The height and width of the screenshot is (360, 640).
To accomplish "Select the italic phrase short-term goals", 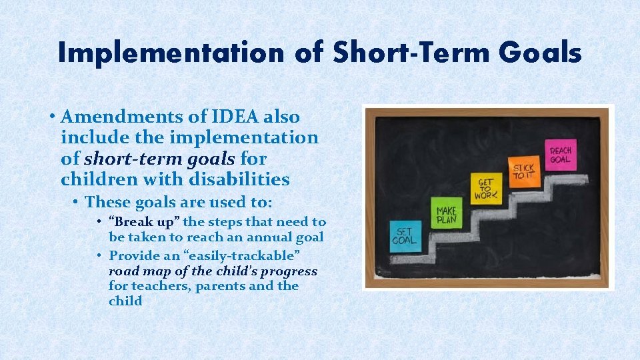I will (x=159, y=159).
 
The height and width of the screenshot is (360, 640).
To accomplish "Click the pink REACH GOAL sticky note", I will (x=560, y=155).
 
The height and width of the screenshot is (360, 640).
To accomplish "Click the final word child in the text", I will (x=125, y=301).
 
